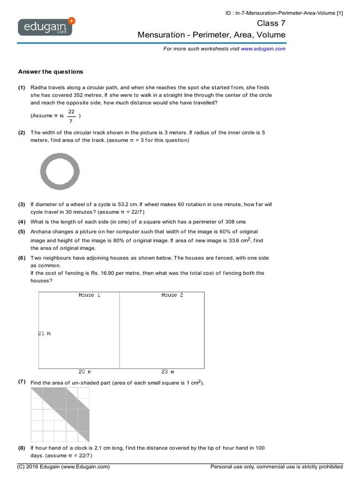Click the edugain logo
46,27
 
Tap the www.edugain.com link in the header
263,48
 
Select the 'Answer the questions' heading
50,72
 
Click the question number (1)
22,88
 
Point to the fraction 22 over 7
71,115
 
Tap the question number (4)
22,222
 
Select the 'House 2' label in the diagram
172,295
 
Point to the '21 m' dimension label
44,333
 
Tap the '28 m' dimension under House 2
167,372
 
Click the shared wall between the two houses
120,330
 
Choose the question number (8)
22,448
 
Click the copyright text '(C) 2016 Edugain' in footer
63,467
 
